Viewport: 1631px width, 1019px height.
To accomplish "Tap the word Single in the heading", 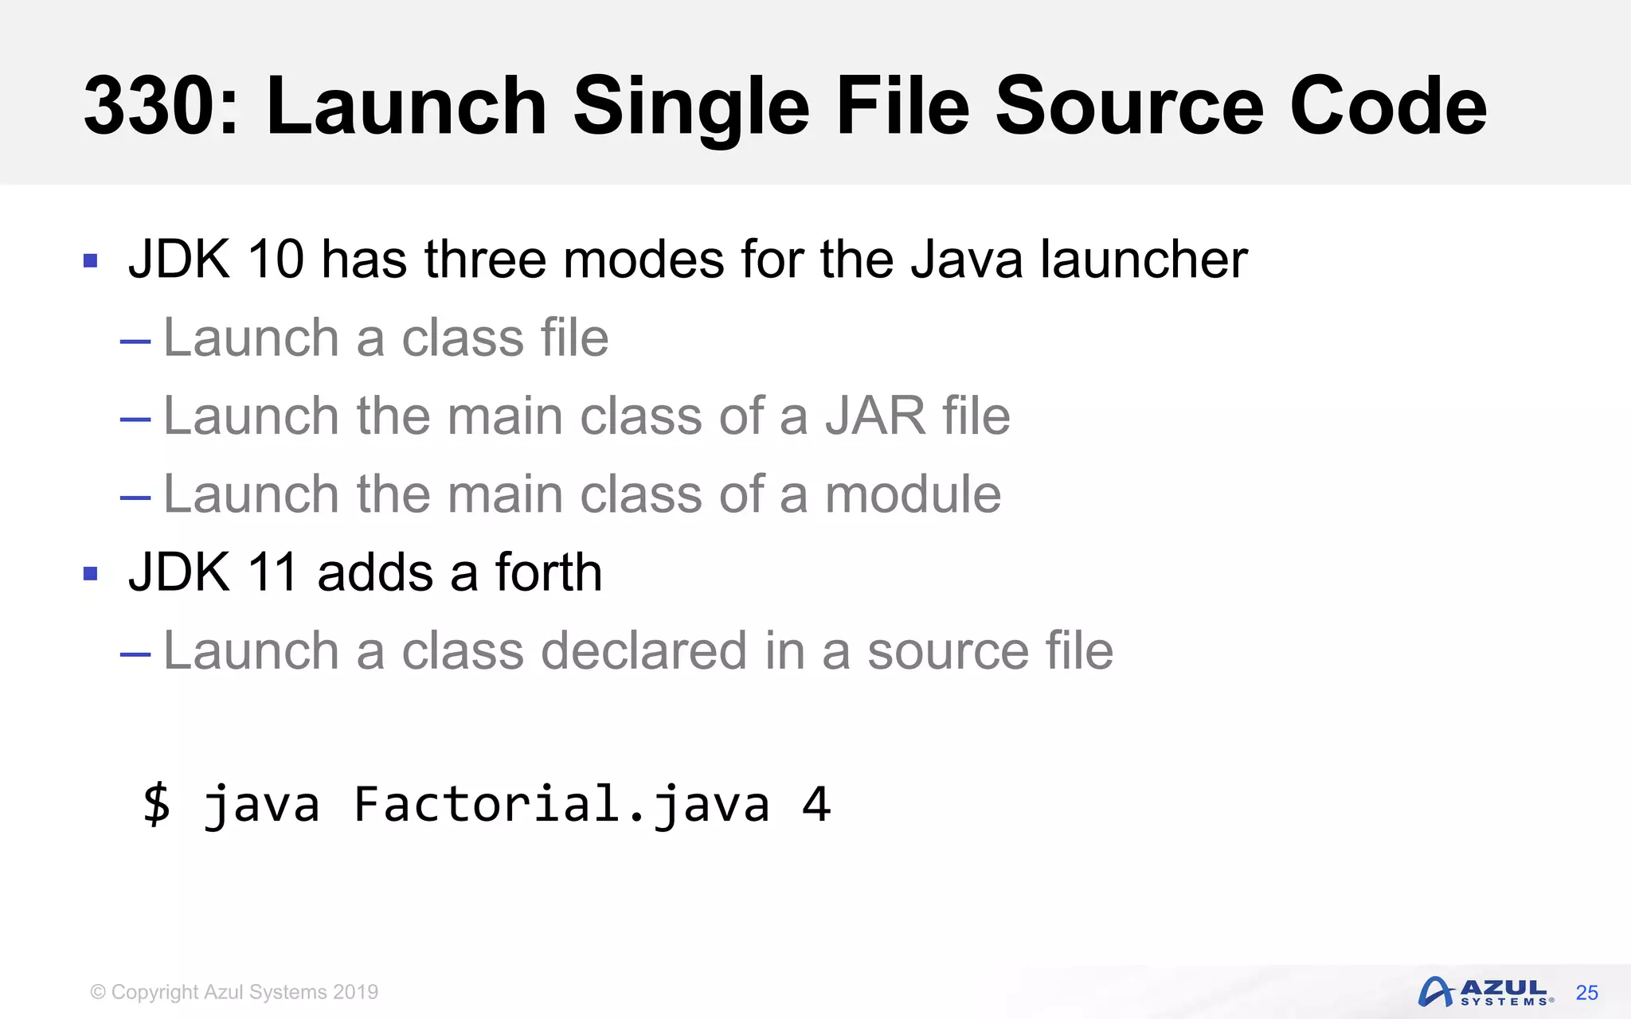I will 690,107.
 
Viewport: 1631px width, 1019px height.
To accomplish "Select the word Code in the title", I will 1387,107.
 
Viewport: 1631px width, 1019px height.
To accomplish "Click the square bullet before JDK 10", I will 90,260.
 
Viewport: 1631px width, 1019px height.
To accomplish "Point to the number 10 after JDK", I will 276,260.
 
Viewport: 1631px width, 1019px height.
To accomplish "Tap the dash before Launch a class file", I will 135,342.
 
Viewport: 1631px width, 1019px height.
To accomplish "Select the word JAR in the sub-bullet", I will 874,416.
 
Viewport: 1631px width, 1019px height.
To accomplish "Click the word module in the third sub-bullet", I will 913,494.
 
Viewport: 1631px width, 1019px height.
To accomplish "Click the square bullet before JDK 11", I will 90,573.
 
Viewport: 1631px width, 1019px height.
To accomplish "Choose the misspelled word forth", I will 549,572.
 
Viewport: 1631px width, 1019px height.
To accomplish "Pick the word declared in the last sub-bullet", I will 643,650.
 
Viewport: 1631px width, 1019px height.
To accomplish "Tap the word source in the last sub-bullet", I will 947,650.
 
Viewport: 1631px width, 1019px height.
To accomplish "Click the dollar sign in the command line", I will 157,803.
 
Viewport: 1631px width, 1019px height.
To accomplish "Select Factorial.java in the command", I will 561,803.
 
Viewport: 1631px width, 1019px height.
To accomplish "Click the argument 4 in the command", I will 816,803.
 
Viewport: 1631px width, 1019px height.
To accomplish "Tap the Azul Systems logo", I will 1485,992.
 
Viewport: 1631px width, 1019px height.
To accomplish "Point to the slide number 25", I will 1586,993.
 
